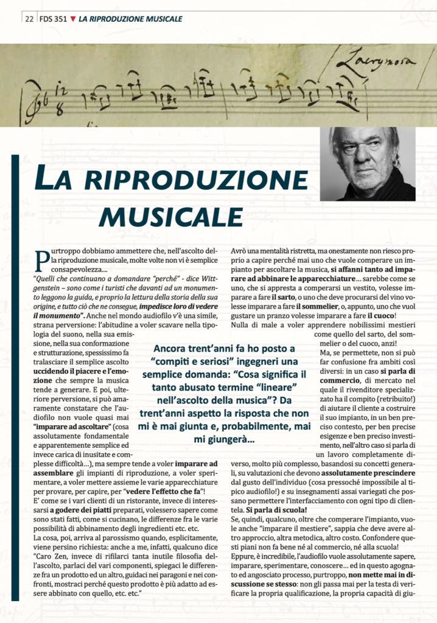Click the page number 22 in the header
(29, 19)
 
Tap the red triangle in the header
(74, 19)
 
